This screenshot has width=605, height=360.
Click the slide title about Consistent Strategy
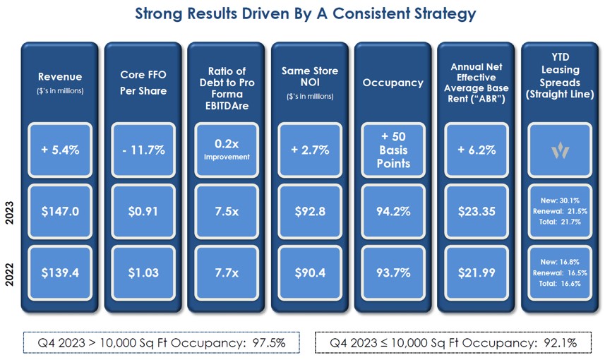[304, 13]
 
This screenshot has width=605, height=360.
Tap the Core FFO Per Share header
[143, 82]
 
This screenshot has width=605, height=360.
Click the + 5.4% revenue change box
[60, 150]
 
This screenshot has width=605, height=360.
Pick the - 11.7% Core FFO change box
[143, 150]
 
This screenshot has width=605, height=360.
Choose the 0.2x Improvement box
[227, 150]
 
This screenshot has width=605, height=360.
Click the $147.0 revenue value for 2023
[60, 211]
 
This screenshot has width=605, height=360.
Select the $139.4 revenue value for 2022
[60, 272]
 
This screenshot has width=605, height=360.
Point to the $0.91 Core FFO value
[143, 211]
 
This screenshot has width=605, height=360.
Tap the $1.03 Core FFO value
[143, 272]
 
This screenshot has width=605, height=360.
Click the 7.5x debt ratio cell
[227, 211]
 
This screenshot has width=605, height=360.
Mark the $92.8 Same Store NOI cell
[310, 211]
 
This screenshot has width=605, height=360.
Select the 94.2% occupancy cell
[393, 211]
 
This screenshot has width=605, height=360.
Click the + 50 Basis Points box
[393, 150]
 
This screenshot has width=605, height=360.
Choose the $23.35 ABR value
[477, 211]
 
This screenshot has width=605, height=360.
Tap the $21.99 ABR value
[477, 272]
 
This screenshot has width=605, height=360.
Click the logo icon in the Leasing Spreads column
[560, 150]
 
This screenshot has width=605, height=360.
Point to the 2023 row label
[10, 211]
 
